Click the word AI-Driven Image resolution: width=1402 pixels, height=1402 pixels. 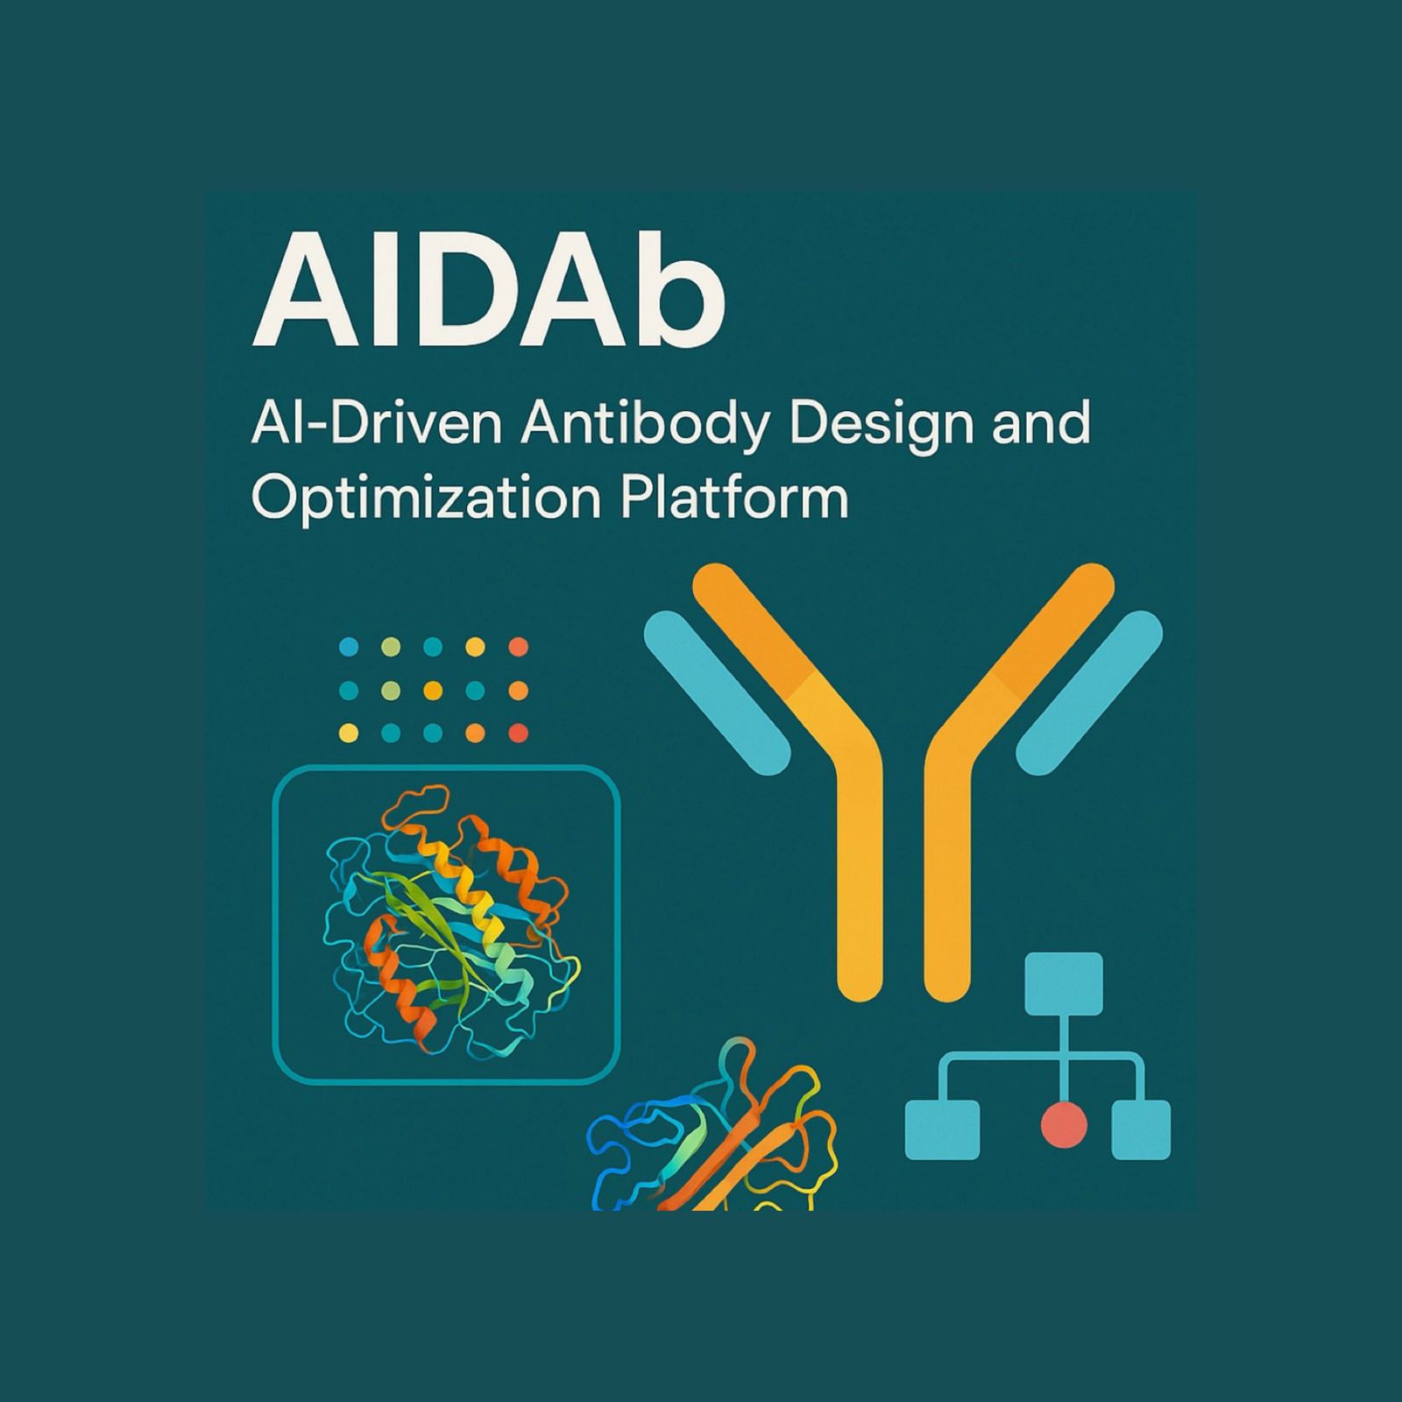(377, 424)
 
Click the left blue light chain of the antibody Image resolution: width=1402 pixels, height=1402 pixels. (718, 692)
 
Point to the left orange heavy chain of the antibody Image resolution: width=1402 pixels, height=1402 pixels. (841, 789)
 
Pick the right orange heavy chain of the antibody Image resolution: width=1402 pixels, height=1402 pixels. (964, 789)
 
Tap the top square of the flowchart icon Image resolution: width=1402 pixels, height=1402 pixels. (1064, 983)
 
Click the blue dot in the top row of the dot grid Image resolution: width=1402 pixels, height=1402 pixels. (349, 648)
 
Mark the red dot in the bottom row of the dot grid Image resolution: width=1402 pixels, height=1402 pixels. (519, 733)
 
